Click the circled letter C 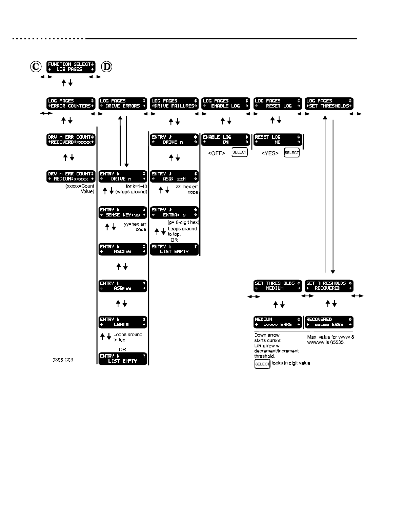tap(36, 67)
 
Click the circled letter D tap(107, 67)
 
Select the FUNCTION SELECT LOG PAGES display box tap(71, 67)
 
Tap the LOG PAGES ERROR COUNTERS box tap(71, 103)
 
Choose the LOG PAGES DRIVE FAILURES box tap(174, 103)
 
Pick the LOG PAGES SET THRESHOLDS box tap(329, 103)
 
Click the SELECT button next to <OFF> tap(240, 152)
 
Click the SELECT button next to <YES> tap(292, 152)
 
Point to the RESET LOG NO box tap(278, 140)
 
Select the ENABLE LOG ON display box tap(225, 140)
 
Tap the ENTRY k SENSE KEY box tap(123, 213)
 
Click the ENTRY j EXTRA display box tap(174, 213)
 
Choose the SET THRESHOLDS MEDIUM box tap(278, 286)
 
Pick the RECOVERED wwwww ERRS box tap(329, 322)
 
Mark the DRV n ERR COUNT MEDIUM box tap(71, 176)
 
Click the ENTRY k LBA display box tap(123, 322)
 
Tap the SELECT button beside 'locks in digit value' tap(262, 364)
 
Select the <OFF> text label tap(217, 153)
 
